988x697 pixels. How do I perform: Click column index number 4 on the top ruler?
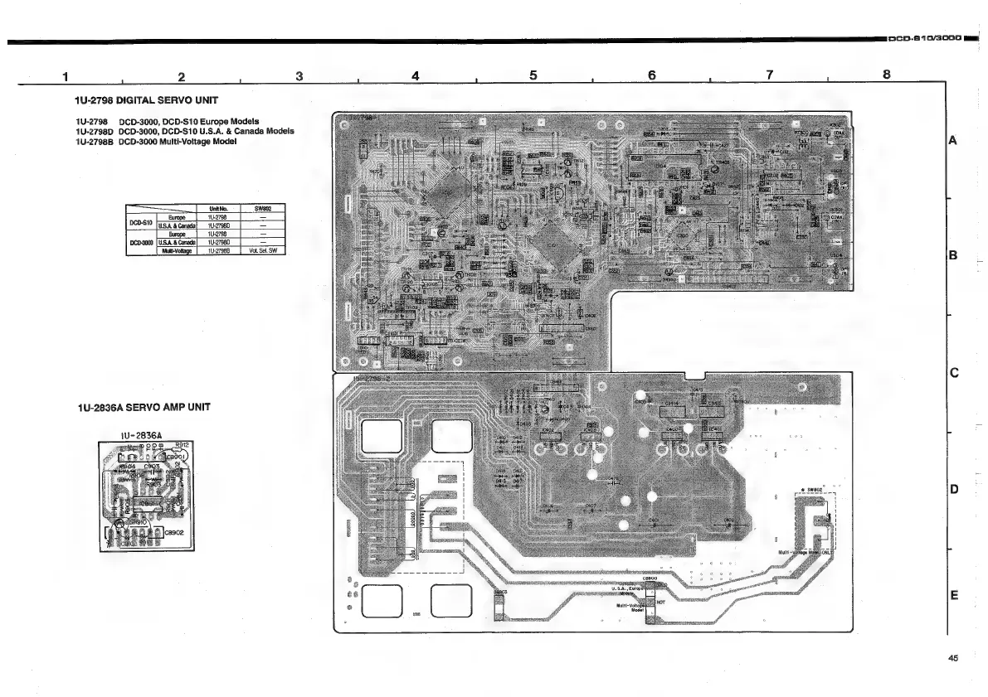click(x=416, y=75)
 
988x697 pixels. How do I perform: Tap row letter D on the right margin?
click(x=955, y=490)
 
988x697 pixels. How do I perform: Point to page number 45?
click(x=952, y=659)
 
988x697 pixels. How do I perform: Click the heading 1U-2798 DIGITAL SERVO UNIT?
click(x=146, y=100)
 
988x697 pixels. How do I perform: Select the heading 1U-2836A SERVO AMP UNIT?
click(x=143, y=407)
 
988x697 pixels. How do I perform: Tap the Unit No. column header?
click(x=219, y=209)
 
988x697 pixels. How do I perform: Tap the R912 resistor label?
click(x=184, y=445)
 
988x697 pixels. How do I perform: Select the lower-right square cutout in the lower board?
click(x=451, y=598)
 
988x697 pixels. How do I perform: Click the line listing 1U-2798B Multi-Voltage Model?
click(x=156, y=142)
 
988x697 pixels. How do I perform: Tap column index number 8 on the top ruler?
click(x=886, y=75)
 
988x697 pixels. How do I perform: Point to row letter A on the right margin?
click(x=955, y=140)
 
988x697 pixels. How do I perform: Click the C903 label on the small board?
click(x=152, y=467)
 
